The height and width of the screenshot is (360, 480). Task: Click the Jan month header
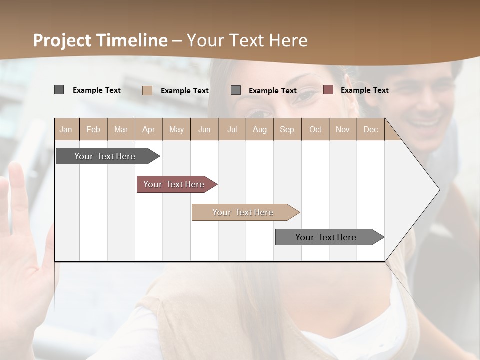click(66, 129)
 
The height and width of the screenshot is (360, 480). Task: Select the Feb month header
click(93, 129)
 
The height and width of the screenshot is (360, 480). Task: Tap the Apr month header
click(148, 129)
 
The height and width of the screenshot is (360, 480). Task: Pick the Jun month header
click(204, 129)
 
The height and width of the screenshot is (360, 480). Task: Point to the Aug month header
click(259, 129)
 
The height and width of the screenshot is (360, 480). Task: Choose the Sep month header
click(287, 129)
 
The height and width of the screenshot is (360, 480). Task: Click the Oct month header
click(315, 129)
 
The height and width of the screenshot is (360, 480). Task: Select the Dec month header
click(370, 129)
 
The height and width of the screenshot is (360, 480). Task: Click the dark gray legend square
click(59, 90)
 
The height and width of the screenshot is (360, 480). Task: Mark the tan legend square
click(147, 90)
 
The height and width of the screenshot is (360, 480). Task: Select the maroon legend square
click(328, 90)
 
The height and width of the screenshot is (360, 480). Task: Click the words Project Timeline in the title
click(100, 40)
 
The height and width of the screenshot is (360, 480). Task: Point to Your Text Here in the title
click(247, 40)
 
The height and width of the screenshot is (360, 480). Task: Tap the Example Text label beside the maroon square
click(364, 90)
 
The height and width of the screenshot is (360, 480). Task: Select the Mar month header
click(121, 129)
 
